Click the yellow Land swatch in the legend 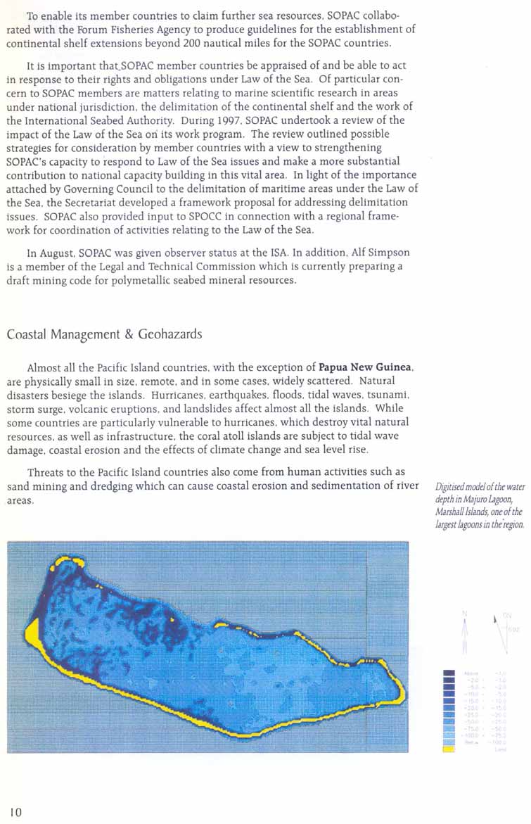pyautogui.click(x=448, y=749)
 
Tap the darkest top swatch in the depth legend pyautogui.click(x=448, y=673)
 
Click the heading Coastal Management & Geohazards pyautogui.click(x=104, y=334)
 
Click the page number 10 pyautogui.click(x=15, y=812)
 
